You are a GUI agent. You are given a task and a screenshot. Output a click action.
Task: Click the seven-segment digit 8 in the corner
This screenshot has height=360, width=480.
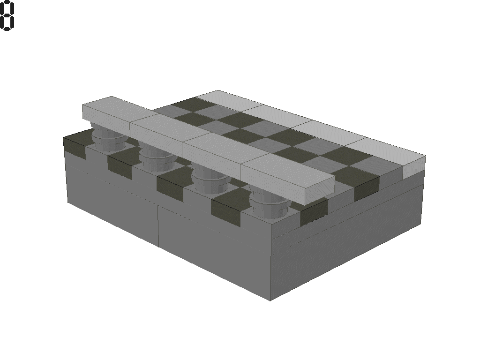point(7,16)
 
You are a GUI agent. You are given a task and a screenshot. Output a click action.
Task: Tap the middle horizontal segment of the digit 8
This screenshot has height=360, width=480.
point(7,16)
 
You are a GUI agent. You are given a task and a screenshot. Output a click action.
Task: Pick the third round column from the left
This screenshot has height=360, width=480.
point(209,178)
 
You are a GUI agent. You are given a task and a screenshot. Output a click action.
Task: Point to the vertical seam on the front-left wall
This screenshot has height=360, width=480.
point(158,225)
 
